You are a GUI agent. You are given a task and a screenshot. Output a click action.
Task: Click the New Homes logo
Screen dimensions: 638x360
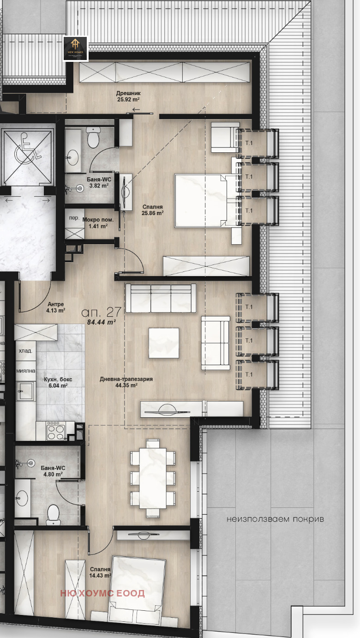[75, 48]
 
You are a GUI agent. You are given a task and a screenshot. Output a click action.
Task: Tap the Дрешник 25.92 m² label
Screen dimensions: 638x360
[128, 96]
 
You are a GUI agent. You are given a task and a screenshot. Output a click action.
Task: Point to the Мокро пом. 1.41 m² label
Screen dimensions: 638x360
[95, 223]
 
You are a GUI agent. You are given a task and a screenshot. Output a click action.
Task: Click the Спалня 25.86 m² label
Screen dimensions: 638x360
[153, 210]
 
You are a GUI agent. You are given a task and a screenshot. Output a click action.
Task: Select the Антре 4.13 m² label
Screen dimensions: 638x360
[56, 307]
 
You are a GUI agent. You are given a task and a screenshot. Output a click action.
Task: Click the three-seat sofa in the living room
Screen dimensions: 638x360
[161, 298]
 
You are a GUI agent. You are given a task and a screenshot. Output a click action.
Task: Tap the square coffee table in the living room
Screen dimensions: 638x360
[163, 343]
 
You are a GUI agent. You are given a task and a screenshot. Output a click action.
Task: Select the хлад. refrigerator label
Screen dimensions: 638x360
[25, 351]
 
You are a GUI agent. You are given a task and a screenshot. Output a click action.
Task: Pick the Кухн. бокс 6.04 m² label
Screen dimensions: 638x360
[58, 382]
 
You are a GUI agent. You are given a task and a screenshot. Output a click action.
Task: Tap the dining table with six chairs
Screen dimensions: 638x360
[152, 477]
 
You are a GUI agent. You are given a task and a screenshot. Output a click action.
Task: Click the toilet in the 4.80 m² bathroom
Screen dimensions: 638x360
[53, 513]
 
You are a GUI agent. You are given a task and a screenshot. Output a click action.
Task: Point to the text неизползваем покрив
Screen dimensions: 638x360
[275, 519]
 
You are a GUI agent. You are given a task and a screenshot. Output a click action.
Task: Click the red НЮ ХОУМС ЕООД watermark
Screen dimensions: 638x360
[102, 593]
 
